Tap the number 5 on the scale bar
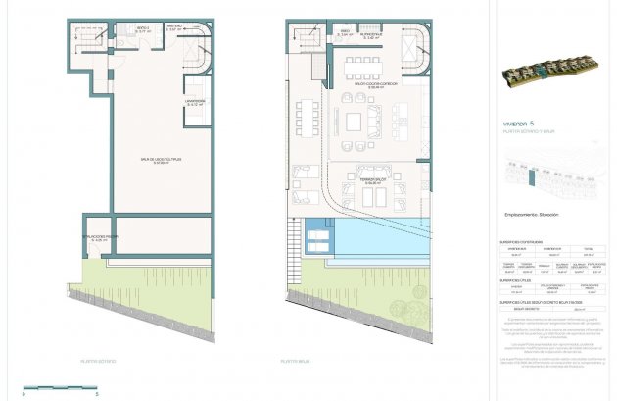point(97,393)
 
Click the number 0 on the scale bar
point(25,393)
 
